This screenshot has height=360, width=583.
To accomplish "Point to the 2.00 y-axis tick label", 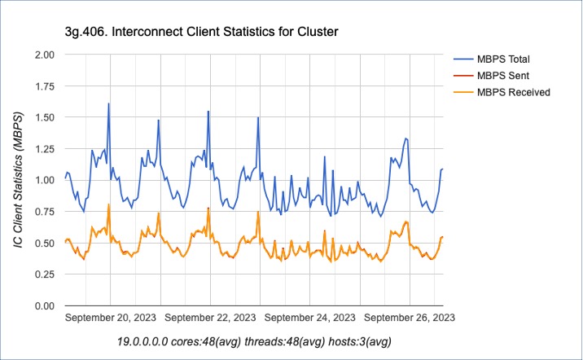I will (43, 55).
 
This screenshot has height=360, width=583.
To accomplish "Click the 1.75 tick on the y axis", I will (43, 86).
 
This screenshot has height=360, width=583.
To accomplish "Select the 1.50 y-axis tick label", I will (43, 117).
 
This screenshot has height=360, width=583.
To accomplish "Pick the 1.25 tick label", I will (43, 148).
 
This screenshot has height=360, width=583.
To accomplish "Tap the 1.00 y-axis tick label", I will (43, 180).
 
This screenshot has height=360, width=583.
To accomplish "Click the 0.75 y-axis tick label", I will (43, 211).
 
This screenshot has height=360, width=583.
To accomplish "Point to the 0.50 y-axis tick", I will (43, 243).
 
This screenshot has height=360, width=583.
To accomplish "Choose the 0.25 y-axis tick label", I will (43, 274).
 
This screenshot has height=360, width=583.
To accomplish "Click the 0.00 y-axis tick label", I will (43, 305).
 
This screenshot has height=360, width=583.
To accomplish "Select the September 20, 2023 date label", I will (111, 318).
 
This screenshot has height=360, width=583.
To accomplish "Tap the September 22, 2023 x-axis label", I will (211, 318).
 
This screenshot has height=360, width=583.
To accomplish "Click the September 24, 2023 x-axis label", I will (310, 318).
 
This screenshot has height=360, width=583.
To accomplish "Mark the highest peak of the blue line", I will (108, 103).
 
